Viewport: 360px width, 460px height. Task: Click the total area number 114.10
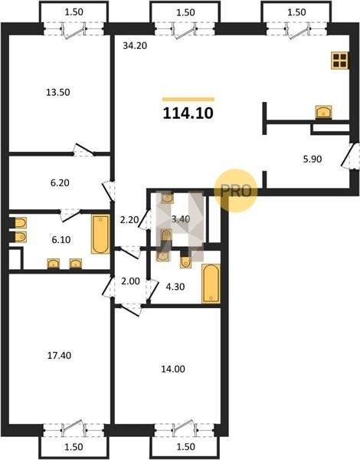[188, 113]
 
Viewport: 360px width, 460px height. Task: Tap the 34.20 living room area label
[135, 46]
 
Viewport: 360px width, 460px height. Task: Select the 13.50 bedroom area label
[58, 93]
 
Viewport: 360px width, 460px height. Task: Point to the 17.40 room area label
[59, 356]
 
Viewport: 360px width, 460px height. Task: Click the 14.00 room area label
[173, 369]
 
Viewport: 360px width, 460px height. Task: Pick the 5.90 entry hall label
[313, 159]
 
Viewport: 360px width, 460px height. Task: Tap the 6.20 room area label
[60, 183]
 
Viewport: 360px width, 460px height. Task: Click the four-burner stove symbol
[340, 61]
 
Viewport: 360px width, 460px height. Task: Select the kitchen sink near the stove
[324, 112]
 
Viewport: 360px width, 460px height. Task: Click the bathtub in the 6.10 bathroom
[100, 234]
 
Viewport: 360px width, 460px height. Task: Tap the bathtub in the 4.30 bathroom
[211, 284]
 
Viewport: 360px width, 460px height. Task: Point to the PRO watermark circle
[236, 190]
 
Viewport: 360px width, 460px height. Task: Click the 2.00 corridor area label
[130, 281]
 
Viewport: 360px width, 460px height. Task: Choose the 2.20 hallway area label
[129, 219]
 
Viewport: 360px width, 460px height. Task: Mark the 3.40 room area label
[181, 219]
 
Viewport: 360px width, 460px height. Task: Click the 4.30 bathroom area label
[175, 287]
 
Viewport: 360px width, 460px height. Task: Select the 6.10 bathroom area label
[61, 240]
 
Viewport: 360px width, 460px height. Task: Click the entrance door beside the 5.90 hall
[350, 156]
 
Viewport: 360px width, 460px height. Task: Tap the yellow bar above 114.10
[188, 100]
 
